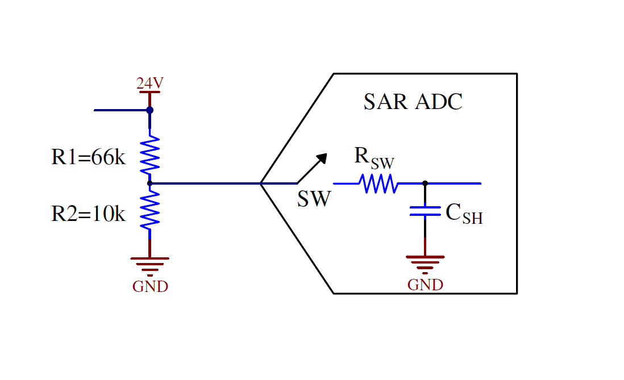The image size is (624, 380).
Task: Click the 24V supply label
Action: [149, 83]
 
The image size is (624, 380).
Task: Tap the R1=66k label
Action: [88, 157]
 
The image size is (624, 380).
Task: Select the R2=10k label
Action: [88, 214]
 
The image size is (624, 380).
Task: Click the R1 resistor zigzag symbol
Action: [149, 154]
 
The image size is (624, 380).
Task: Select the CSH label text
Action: [464, 214]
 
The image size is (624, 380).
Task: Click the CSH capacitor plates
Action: [425, 211]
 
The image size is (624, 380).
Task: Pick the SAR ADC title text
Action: [413, 102]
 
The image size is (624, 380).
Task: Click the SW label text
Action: [313, 199]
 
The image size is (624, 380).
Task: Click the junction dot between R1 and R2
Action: [149, 183]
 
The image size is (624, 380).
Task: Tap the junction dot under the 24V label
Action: [149, 110]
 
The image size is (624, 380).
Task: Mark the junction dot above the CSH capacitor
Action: [425, 183]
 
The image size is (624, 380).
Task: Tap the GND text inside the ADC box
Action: [425, 285]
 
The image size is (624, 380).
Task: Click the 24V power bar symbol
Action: [149, 92]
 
